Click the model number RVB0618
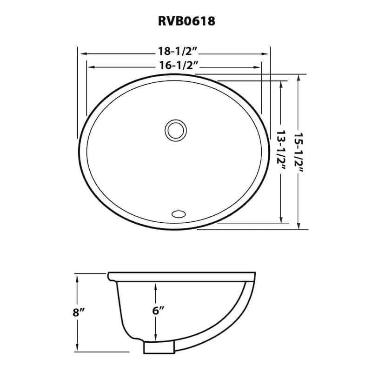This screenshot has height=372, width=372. click(x=186, y=21)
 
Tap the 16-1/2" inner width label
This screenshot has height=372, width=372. click(x=173, y=66)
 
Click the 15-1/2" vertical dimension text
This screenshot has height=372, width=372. click(x=298, y=152)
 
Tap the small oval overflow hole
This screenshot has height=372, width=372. click(x=178, y=214)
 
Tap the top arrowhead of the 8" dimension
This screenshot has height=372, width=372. click(x=78, y=277)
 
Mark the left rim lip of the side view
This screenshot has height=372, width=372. click(x=110, y=276)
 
